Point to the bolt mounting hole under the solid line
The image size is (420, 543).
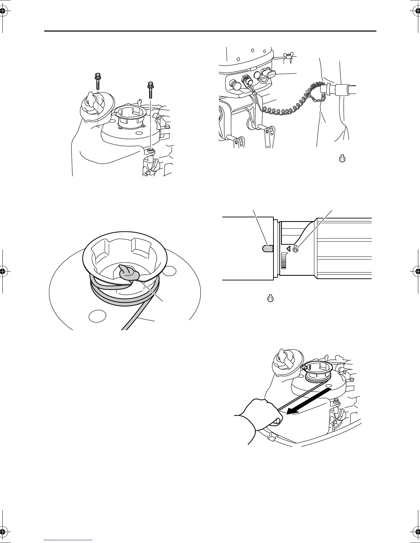[x=150, y=150]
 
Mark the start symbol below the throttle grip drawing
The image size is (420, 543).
[x=270, y=299]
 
